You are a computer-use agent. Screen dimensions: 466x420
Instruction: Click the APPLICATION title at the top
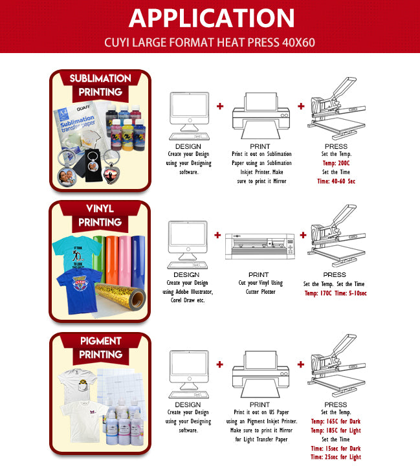coord(210,18)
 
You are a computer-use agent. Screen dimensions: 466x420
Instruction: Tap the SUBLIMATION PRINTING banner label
coord(100,85)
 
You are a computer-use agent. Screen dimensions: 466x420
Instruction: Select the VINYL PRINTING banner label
coord(100,216)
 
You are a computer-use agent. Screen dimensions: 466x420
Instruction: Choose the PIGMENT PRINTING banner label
coord(100,348)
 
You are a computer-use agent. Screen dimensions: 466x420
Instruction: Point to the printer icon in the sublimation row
coord(258,116)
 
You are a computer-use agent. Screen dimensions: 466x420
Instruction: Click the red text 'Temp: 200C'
coord(335,164)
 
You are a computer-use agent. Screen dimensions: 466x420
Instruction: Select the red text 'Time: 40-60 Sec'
coord(336,182)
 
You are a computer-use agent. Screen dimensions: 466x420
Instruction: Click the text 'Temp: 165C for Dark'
coord(336,421)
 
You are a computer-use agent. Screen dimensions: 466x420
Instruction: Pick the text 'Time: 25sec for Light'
coord(336,457)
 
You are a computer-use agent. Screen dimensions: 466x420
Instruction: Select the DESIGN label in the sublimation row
coord(188,146)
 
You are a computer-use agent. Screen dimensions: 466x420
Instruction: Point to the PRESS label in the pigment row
coord(335,404)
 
